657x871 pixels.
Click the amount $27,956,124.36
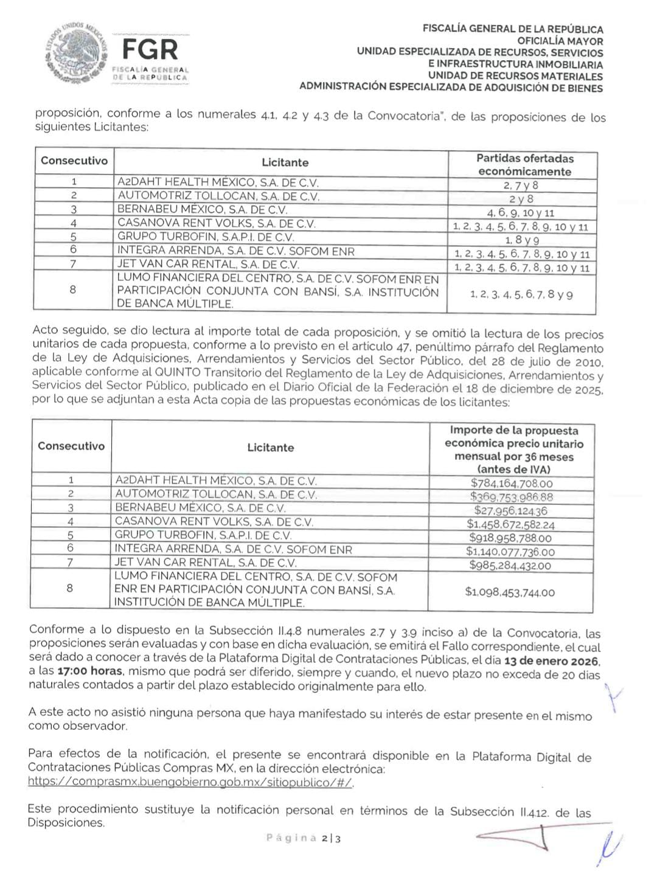click(x=510, y=511)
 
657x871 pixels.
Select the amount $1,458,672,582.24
click(x=510, y=524)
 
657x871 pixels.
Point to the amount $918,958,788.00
click(x=510, y=538)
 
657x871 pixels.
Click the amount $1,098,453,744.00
click(x=510, y=592)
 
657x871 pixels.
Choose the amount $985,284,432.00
click(x=510, y=566)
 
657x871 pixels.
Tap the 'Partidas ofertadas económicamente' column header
click(x=524, y=165)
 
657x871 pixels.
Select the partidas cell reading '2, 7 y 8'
click(x=521, y=186)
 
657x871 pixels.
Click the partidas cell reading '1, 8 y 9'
click(x=522, y=240)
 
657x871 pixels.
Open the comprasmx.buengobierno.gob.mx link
click(x=190, y=782)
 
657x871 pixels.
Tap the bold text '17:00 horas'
click(x=90, y=671)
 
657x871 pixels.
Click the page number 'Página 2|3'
click(x=304, y=838)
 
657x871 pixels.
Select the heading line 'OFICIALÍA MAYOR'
click(x=560, y=41)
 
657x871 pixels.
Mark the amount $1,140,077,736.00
click(x=510, y=552)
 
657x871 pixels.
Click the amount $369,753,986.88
click(x=512, y=497)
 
